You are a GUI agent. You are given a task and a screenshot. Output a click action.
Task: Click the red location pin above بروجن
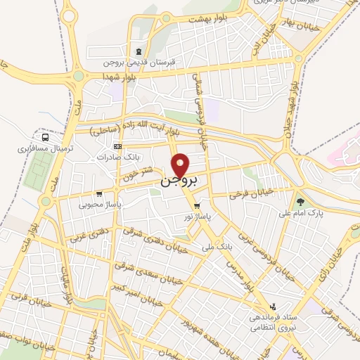pyautogui.click(x=181, y=165)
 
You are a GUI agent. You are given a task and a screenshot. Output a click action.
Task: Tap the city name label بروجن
pyautogui.click(x=182, y=181)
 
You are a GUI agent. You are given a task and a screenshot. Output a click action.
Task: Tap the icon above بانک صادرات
pyautogui.click(x=117, y=146)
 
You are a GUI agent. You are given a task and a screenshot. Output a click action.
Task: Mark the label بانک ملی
pyautogui.click(x=217, y=247)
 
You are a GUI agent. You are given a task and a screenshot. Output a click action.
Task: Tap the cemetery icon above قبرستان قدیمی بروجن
pyautogui.click(x=139, y=51)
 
